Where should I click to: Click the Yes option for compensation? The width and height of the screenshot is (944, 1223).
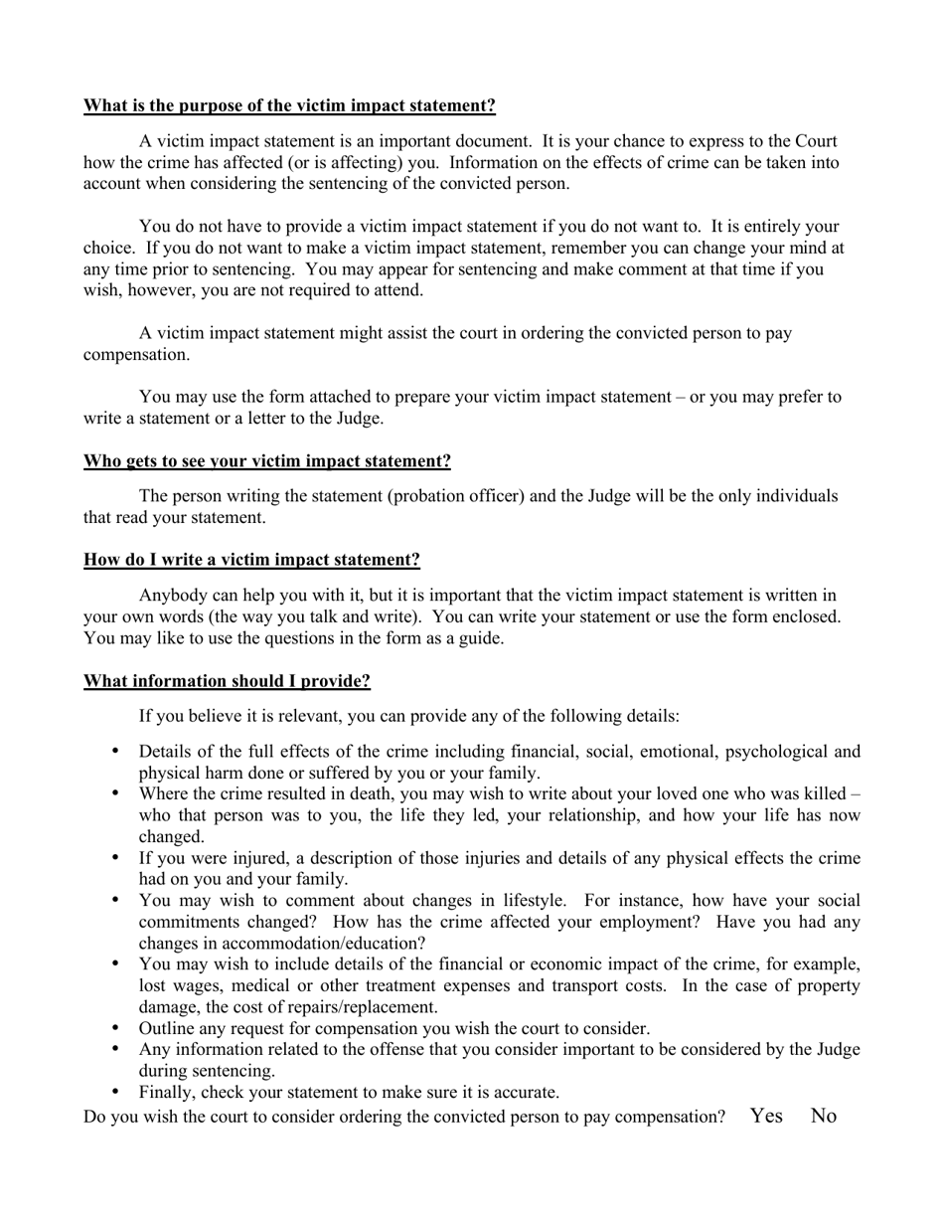tap(766, 1116)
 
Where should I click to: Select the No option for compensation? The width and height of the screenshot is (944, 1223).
tap(824, 1116)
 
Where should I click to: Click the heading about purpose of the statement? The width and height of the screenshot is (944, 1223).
tap(289, 106)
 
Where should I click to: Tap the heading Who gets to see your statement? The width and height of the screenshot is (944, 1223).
tap(266, 461)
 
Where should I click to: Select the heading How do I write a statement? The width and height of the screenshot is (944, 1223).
tap(251, 560)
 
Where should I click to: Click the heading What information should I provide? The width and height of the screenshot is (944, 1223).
tap(227, 681)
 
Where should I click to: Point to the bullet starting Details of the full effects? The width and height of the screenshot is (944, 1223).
tap(116, 751)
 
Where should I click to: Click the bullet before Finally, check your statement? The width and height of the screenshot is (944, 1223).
tap(116, 1091)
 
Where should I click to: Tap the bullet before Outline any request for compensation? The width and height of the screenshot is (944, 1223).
tap(116, 1027)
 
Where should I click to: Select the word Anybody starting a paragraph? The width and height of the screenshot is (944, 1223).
tap(173, 596)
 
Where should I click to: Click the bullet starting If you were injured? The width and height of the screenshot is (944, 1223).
tap(116, 857)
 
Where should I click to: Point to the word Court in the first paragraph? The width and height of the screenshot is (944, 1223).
tap(816, 141)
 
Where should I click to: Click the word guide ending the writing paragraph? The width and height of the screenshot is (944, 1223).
tap(479, 638)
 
